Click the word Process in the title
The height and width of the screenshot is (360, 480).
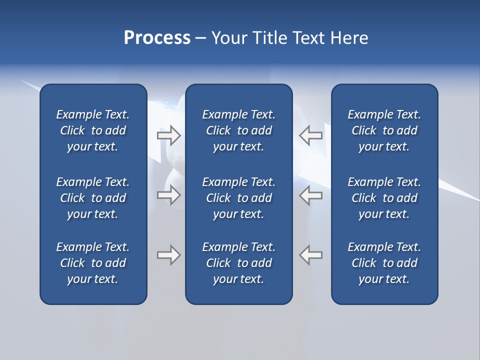[157, 38]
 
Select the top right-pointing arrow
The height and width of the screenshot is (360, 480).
[168, 135]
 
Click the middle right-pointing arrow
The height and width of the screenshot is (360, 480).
[168, 195]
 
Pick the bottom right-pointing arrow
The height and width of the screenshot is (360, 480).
[168, 255]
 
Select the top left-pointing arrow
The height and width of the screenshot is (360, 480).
[311, 135]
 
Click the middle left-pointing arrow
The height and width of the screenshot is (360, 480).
[311, 195]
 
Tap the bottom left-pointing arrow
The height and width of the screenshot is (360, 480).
[311, 255]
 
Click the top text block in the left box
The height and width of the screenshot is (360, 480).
[93, 130]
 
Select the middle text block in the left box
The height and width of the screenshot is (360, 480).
[93, 198]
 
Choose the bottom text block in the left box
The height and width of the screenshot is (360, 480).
[93, 263]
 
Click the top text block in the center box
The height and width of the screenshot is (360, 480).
[238, 130]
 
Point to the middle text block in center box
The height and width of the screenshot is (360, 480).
[238, 198]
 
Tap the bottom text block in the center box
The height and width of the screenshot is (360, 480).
[238, 263]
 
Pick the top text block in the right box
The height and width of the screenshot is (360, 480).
[384, 130]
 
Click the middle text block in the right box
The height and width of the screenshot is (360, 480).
[384, 198]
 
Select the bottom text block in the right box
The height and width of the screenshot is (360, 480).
[384, 263]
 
